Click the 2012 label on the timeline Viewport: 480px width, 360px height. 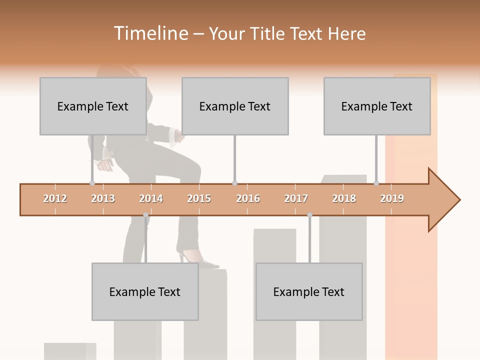tap(55, 198)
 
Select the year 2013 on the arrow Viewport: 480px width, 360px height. tap(103, 198)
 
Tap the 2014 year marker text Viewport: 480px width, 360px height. tap(151, 198)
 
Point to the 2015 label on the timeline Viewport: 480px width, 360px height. tap(199, 198)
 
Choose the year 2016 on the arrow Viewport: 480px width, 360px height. tap(248, 198)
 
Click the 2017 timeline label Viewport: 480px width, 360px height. tap(296, 198)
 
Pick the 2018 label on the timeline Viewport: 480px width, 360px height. tap(344, 198)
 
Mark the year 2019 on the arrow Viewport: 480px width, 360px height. tap(392, 198)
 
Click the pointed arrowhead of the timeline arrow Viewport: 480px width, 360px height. tap(445, 200)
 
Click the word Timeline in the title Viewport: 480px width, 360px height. tap(150, 33)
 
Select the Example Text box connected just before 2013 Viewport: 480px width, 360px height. tap(93, 106)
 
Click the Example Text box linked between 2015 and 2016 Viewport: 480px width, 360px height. tap(235, 106)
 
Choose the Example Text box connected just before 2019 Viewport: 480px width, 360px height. tap(377, 106)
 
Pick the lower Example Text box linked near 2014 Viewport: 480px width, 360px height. tap(145, 291)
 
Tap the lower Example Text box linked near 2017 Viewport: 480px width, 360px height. tap(309, 291)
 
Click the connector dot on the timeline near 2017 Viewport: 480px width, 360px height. tap(309, 215)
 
